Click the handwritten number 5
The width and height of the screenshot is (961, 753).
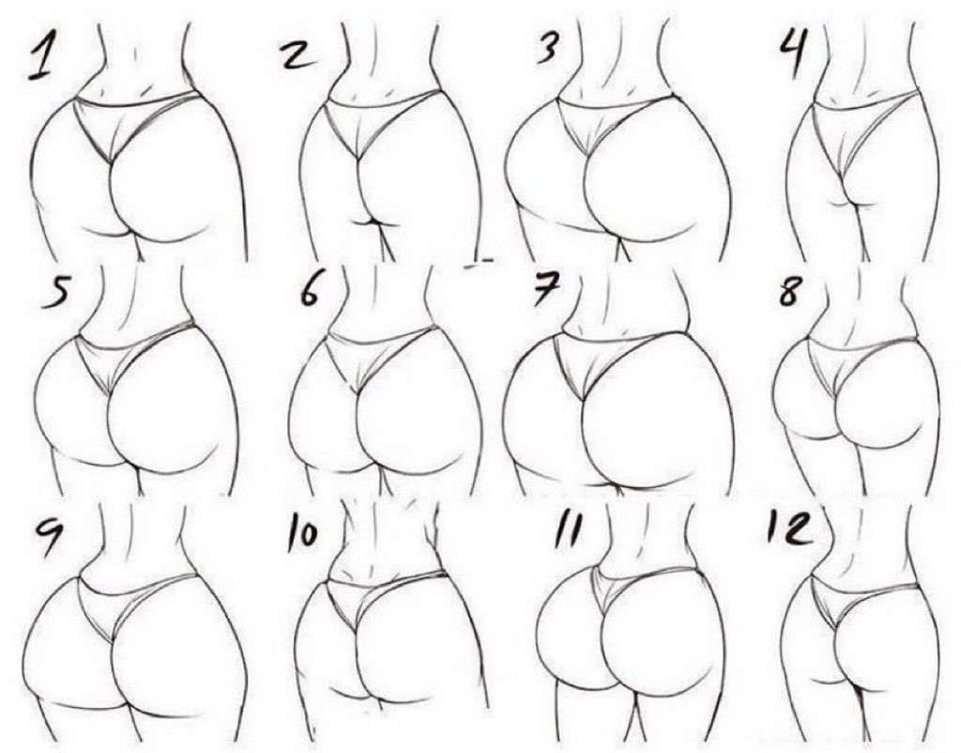(x=55, y=294)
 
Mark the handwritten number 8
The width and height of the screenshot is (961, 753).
(x=789, y=290)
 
